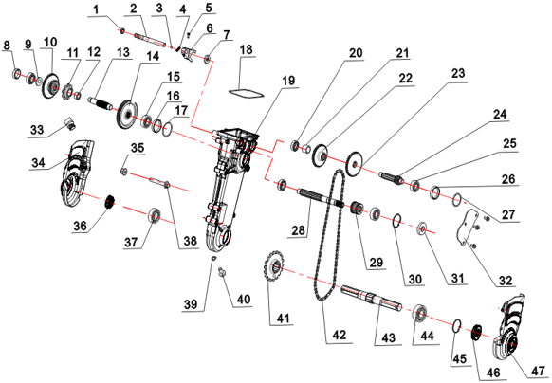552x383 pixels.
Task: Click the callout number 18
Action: pyautogui.click(x=246, y=49)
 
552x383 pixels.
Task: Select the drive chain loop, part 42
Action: pyautogui.click(x=329, y=235)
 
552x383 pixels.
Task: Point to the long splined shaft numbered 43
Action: pyautogui.click(x=372, y=298)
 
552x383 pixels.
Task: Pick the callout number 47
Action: pyautogui.click(x=538, y=371)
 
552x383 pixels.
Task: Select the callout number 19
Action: pyautogui.click(x=288, y=81)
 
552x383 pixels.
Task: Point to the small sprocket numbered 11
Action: pyautogui.click(x=67, y=94)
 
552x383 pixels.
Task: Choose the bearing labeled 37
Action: pyautogui.click(x=155, y=215)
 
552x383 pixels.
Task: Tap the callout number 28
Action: pyautogui.click(x=298, y=230)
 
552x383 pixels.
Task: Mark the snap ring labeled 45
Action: pyautogui.click(x=456, y=325)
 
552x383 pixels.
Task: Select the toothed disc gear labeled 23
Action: pyautogui.click(x=355, y=164)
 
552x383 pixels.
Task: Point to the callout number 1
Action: pyautogui.click(x=96, y=9)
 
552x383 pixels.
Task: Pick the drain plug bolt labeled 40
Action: pyautogui.click(x=222, y=271)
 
